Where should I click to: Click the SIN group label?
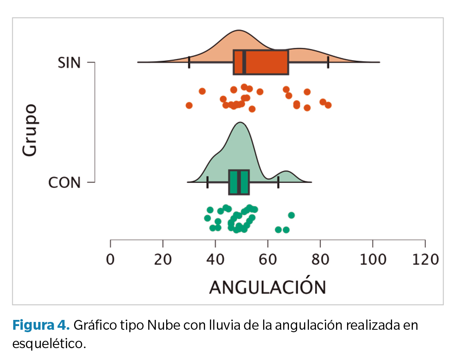point(70,63)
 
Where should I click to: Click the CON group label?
point(64,182)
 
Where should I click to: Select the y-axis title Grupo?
point(29,130)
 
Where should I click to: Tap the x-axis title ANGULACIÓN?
point(268,287)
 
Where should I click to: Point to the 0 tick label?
point(110,259)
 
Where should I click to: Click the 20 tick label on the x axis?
point(163,259)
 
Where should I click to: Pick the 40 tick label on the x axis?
point(215,259)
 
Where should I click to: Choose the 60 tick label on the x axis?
point(268,259)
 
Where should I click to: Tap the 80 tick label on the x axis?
point(320,259)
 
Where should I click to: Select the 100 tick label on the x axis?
point(372,259)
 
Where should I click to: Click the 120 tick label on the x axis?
point(425,259)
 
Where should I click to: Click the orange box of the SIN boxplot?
point(266,62)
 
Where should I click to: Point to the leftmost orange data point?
point(189,106)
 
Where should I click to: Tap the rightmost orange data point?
point(328,105)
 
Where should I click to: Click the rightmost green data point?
point(291,215)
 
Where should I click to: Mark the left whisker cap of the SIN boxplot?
point(189,62)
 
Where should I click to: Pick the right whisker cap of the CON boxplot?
point(278,182)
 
